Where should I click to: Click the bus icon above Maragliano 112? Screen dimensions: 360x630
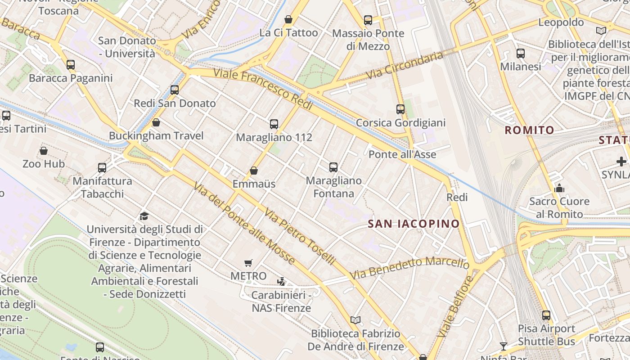274,124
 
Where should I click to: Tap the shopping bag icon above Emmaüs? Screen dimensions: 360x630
254,171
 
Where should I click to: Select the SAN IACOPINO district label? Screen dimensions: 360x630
414,224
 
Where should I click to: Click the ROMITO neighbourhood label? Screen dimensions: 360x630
529,130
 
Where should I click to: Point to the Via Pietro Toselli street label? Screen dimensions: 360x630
300,236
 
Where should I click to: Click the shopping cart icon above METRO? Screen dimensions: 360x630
248,263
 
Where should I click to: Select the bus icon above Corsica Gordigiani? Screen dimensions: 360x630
400,109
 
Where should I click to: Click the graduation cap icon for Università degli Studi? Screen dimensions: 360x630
144,216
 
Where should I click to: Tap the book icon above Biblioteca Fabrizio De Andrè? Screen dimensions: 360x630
355,320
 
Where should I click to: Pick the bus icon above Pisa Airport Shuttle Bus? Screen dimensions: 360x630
546,315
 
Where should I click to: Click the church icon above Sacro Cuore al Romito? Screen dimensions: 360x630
559,188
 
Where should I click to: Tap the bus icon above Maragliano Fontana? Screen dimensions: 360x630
333,167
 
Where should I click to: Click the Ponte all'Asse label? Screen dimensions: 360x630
402,155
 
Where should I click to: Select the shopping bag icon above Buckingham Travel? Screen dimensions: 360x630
156,122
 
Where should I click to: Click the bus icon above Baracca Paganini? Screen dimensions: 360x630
71,65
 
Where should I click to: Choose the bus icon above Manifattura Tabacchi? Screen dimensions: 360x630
102,168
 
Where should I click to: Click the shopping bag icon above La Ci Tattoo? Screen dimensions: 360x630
288,20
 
